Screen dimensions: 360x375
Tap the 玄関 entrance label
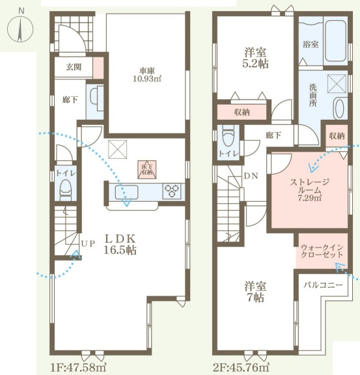click(x=74, y=67)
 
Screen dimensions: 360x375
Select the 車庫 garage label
click(x=147, y=75)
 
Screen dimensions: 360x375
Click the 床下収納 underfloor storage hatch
click(x=147, y=169)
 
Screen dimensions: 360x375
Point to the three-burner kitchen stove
click(x=171, y=191)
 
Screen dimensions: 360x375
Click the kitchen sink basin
click(x=126, y=192)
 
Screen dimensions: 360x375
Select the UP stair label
click(x=88, y=243)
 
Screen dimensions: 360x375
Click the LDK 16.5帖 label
click(x=120, y=244)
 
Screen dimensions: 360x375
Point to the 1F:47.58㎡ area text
click(x=79, y=367)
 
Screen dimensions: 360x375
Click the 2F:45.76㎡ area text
click(x=242, y=367)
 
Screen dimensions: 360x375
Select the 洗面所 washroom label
click(x=312, y=94)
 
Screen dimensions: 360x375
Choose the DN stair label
click(x=251, y=176)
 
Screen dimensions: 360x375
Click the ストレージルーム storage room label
click(x=309, y=190)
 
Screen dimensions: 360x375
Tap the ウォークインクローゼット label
click(x=322, y=251)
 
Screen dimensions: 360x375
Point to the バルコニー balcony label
click(x=323, y=285)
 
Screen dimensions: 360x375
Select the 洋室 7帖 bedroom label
click(x=255, y=292)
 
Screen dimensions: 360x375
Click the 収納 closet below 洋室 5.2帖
click(x=242, y=112)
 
